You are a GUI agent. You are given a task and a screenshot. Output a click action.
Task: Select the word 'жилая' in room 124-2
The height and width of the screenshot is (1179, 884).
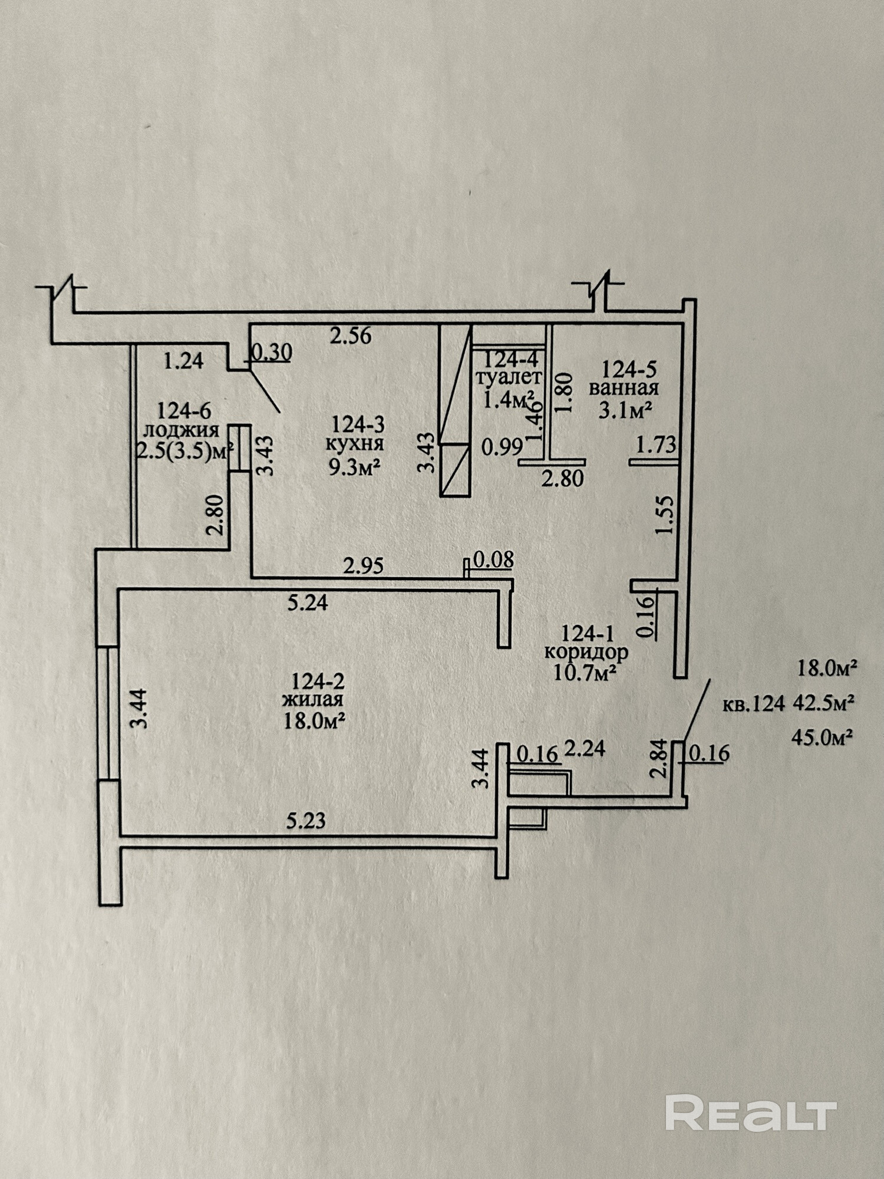313,700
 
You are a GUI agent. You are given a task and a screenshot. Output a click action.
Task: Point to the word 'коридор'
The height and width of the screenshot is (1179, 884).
586,653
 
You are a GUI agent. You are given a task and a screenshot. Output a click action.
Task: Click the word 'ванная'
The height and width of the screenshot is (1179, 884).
624,388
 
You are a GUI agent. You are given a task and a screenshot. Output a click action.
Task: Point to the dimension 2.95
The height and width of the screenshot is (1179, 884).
363,567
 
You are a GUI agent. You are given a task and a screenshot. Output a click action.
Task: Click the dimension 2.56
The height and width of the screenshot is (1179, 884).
351,337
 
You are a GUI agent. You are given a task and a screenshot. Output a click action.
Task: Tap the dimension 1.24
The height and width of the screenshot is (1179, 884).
183,360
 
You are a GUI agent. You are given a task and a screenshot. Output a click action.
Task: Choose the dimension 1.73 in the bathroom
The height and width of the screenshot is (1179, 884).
657,445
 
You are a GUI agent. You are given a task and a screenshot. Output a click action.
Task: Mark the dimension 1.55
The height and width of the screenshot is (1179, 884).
664,514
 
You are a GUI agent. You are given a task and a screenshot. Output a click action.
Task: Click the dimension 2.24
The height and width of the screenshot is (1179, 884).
585,749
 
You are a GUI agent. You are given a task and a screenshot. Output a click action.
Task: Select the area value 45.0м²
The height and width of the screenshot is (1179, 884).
824,737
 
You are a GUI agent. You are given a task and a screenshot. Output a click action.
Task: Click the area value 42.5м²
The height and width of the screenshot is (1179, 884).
824,703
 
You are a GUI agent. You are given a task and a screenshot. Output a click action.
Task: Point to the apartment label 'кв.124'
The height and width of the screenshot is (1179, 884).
754,704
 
